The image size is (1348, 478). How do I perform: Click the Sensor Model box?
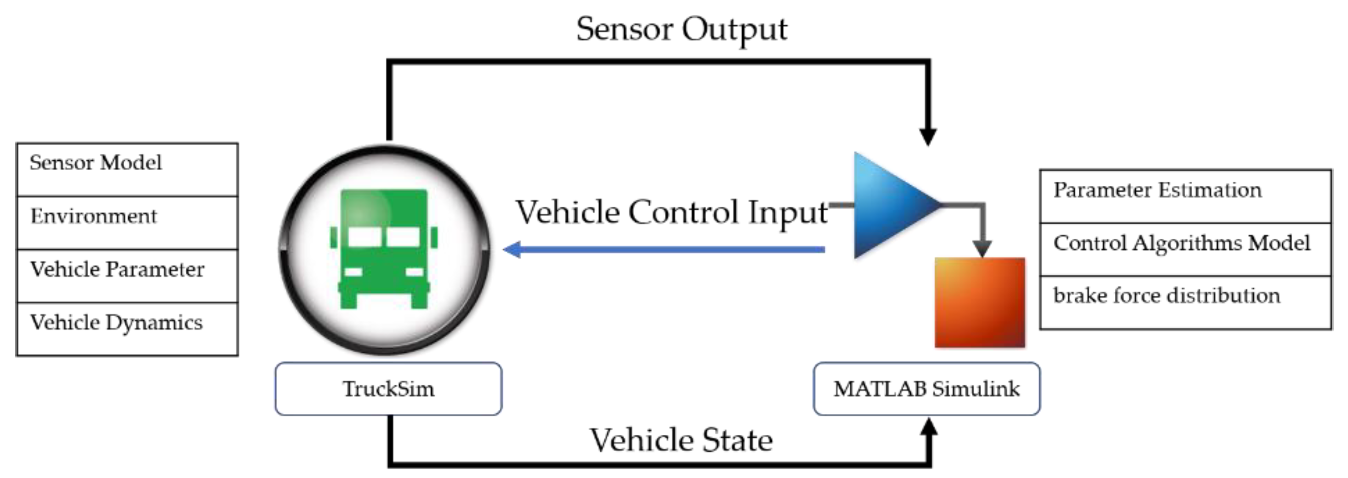[127, 170]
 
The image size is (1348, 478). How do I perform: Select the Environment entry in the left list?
[127, 222]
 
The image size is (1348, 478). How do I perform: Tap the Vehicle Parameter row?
[127, 275]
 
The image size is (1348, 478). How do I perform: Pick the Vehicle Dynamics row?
[127, 329]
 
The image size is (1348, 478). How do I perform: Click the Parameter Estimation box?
[1185, 196]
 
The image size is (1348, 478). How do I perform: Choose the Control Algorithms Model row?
[1185, 249]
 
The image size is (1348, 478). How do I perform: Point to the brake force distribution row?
[1185, 302]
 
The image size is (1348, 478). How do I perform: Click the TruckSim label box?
[388, 389]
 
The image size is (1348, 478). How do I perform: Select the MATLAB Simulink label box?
[926, 389]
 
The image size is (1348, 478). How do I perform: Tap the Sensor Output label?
[681, 30]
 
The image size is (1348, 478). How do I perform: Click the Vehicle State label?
[681, 440]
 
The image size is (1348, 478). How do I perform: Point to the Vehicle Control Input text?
[672, 213]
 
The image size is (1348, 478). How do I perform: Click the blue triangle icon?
[890, 205]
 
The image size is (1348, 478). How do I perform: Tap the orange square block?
[979, 302]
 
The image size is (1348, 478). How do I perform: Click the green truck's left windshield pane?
[364, 237]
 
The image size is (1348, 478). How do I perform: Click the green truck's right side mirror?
[434, 237]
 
